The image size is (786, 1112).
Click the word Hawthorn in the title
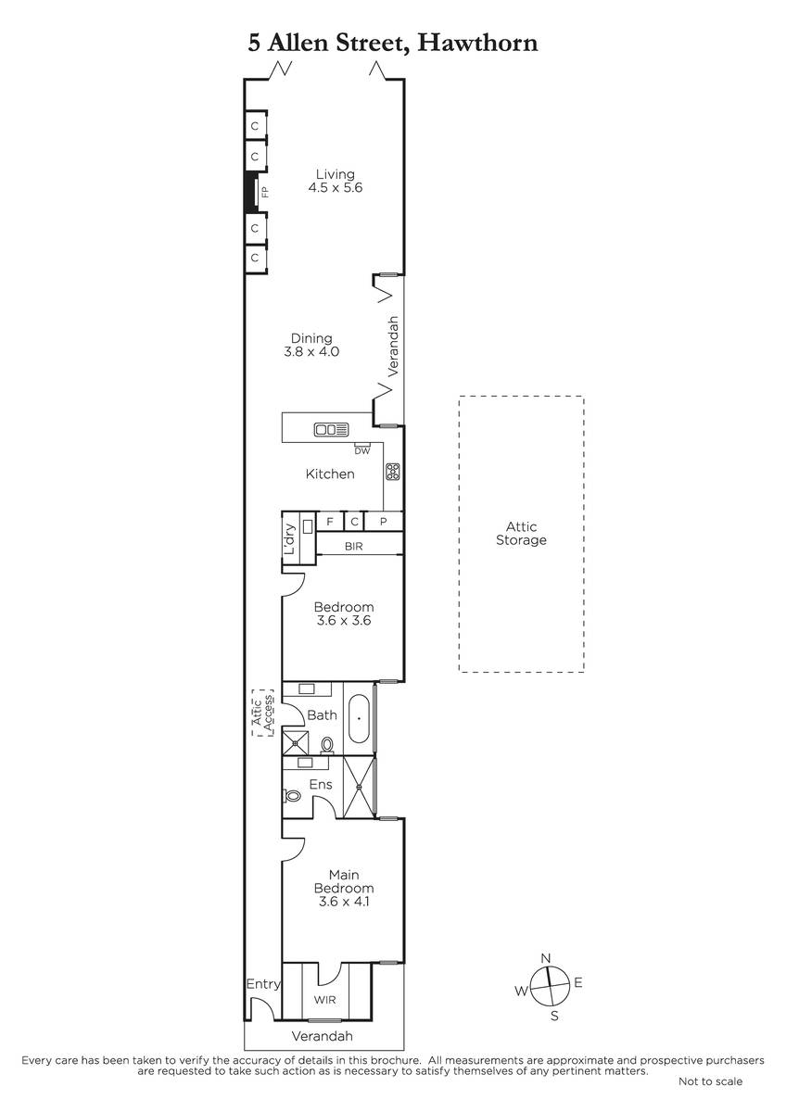point(477,43)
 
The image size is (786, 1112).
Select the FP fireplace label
point(265,192)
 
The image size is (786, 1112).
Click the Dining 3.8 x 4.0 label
point(311,345)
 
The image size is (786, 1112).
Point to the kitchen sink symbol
point(331,429)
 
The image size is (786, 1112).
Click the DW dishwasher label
point(362,451)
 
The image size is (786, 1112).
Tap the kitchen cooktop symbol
point(393,472)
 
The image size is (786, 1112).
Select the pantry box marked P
point(384,522)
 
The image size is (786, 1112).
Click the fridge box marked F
point(330,522)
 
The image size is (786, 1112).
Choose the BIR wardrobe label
point(353,547)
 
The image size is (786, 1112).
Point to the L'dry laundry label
point(289,539)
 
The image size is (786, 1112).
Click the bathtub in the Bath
point(359,718)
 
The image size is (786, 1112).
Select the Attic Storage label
point(521,533)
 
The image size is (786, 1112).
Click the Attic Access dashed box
point(262,713)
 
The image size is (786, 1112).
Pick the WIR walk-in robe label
point(324,1000)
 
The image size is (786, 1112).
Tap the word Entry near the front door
point(263,983)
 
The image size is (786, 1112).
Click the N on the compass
point(546,958)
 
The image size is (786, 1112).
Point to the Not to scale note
point(711,1081)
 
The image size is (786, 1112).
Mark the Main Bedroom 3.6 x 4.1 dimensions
point(344,901)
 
